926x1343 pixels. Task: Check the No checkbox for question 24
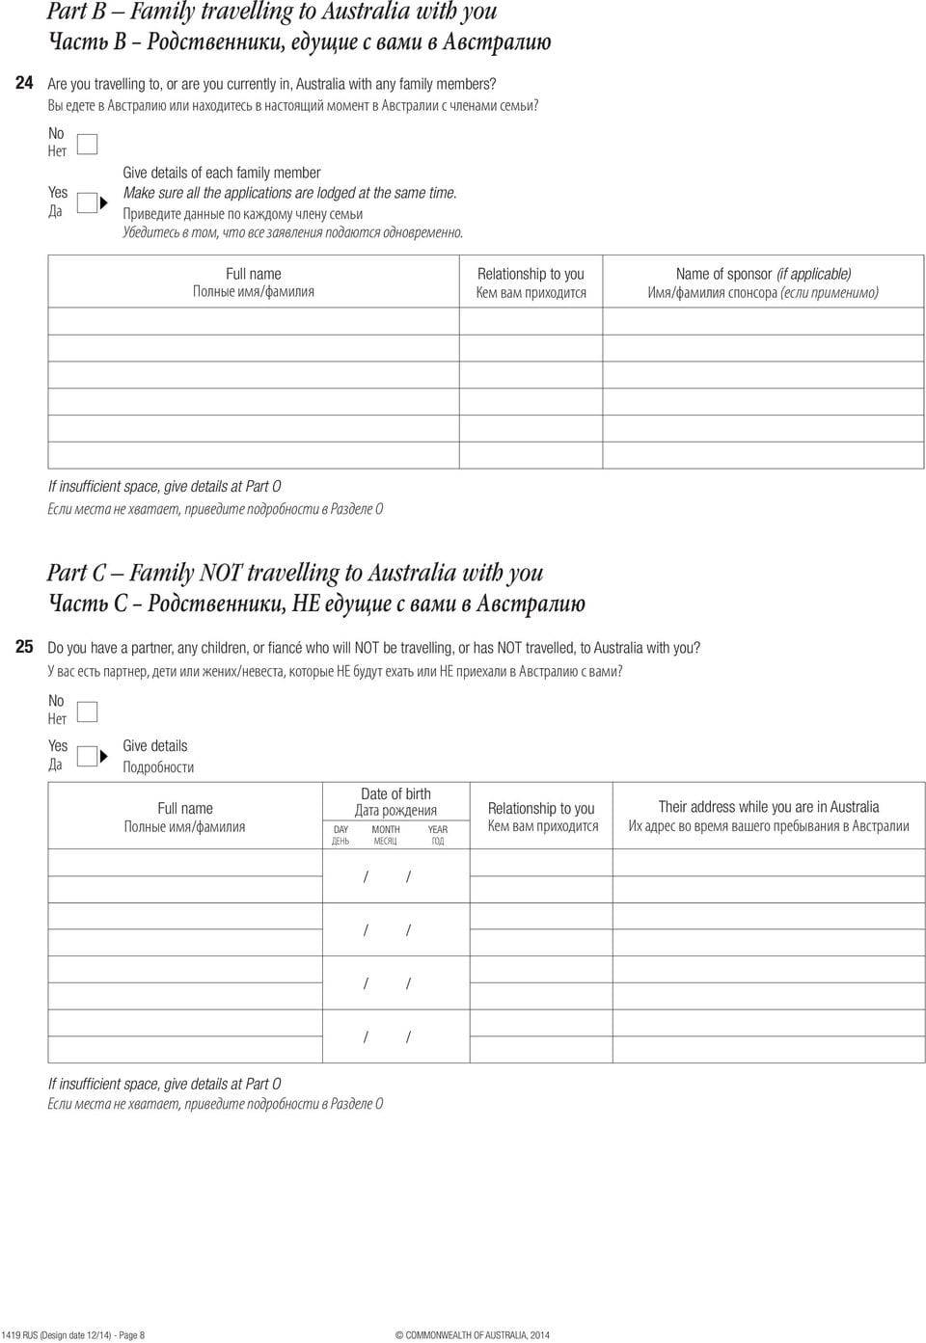87,144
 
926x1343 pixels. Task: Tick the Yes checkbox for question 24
87,202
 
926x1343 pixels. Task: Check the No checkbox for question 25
87,712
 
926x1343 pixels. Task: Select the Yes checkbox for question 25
87,756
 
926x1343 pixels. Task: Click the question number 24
25,84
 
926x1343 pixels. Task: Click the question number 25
25,647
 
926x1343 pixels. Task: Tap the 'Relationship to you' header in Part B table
531,274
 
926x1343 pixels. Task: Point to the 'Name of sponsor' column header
763,274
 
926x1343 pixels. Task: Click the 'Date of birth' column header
395,794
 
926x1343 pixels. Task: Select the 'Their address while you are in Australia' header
769,807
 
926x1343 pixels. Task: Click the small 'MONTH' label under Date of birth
386,829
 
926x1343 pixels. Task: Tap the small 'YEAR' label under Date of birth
438,829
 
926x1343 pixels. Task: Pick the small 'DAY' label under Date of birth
340,829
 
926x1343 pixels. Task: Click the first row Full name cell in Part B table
253,321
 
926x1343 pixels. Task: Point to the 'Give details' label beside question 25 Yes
155,746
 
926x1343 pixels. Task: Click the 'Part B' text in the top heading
77,13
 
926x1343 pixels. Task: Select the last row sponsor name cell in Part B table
763,455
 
